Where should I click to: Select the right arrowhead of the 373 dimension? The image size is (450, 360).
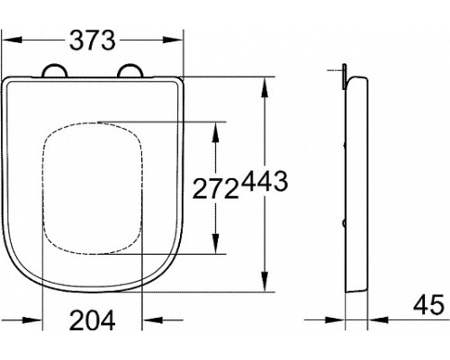click(x=171, y=40)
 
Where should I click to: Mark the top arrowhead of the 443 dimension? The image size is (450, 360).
click(x=264, y=85)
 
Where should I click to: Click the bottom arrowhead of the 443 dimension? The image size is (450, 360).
click(x=264, y=285)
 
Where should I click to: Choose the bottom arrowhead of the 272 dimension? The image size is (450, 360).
click(x=214, y=248)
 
